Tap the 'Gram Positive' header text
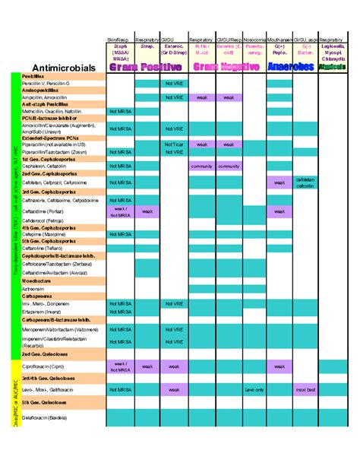click(146, 67)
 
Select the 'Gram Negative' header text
click(226, 67)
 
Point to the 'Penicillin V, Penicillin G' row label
click(46, 83)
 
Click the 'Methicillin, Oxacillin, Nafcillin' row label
click(52, 111)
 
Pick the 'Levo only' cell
click(254, 389)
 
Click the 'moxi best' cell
click(305, 389)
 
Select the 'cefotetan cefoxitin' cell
click(305, 182)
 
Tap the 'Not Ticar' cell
click(173, 144)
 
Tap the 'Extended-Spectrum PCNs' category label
click(47, 138)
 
